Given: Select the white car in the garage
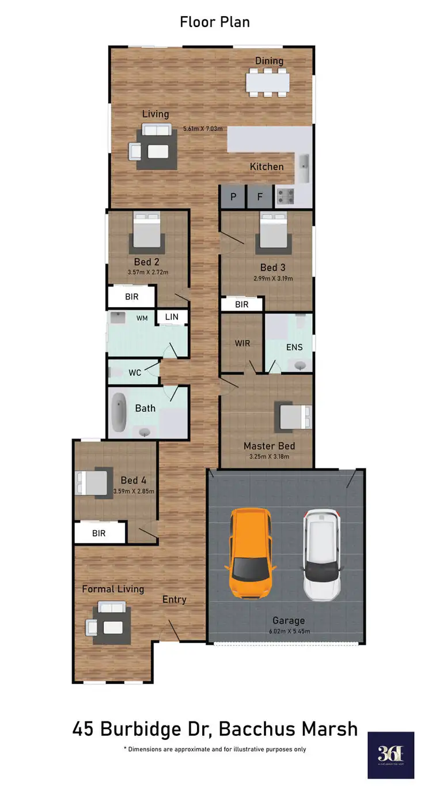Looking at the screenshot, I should [x=323, y=554].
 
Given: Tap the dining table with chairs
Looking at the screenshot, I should [x=268, y=82].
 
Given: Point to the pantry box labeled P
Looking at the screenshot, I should [x=233, y=197].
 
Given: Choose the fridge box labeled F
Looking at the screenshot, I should [x=260, y=197].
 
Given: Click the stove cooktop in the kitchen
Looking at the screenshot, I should [x=285, y=196].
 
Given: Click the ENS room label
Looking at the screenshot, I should [x=294, y=347].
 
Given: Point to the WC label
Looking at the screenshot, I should [x=135, y=373].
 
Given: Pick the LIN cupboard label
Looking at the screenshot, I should [x=172, y=317].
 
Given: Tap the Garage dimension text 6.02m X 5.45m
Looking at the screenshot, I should [x=289, y=632].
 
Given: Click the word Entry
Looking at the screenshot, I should [x=174, y=599].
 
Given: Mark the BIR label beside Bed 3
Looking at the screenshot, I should [x=242, y=304].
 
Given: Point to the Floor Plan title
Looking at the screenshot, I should [x=215, y=22].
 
